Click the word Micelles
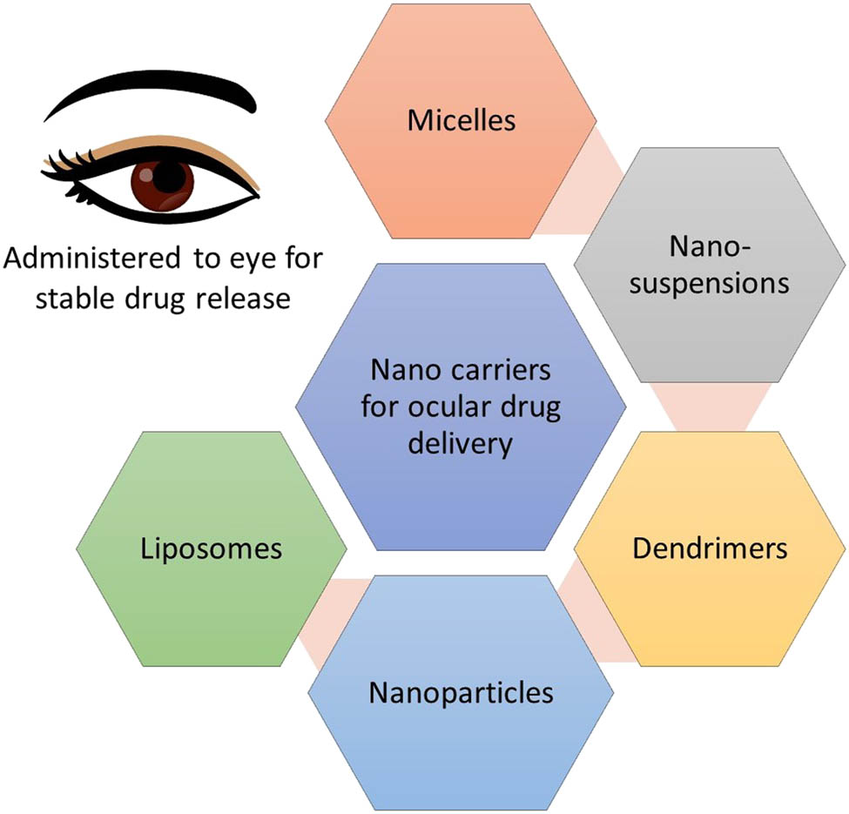462,119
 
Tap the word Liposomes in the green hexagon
212,548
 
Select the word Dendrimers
710,548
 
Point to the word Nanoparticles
461,693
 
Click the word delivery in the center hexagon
461,444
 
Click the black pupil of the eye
172,178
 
